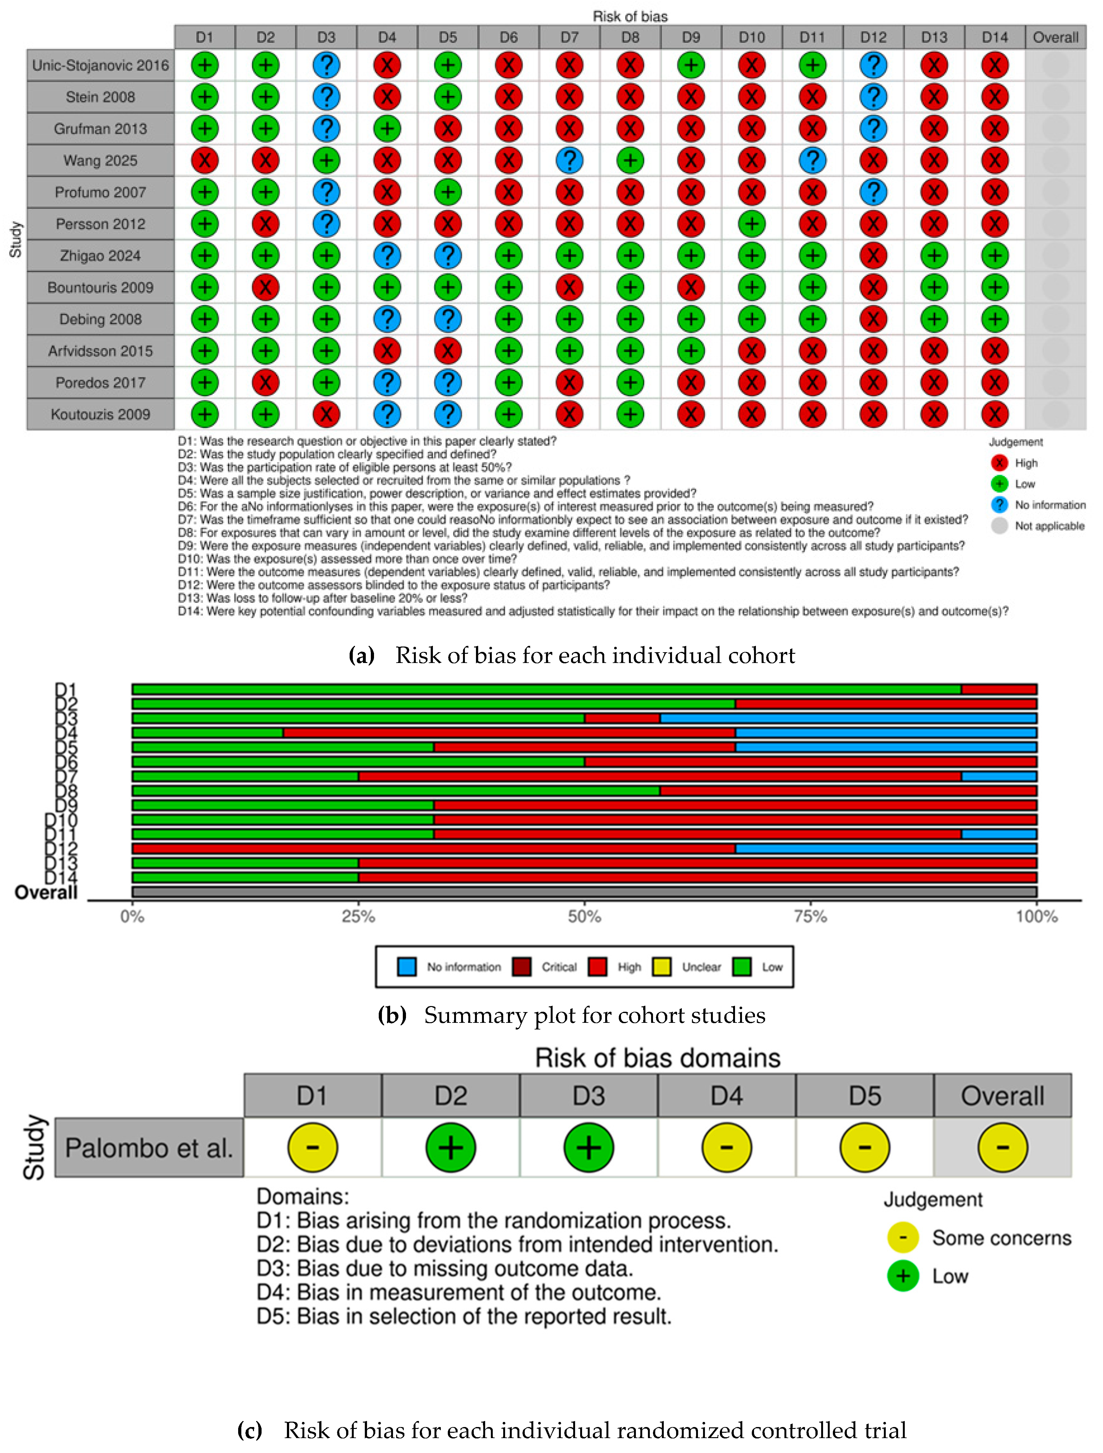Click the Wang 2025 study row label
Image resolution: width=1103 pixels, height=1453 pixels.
100,160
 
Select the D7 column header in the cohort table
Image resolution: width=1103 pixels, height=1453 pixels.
569,37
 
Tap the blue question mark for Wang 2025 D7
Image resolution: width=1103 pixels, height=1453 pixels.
569,160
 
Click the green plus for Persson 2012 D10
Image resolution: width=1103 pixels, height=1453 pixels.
752,224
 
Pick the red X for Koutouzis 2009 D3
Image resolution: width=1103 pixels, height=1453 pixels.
326,414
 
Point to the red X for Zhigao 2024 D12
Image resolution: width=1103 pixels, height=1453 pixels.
873,256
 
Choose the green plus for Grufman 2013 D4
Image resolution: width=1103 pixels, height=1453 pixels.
387,129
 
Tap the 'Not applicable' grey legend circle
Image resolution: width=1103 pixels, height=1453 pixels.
999,526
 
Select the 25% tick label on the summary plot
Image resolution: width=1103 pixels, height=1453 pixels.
358,916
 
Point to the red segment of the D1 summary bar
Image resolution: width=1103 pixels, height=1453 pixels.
998,689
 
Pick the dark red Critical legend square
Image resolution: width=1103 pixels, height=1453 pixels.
522,967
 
